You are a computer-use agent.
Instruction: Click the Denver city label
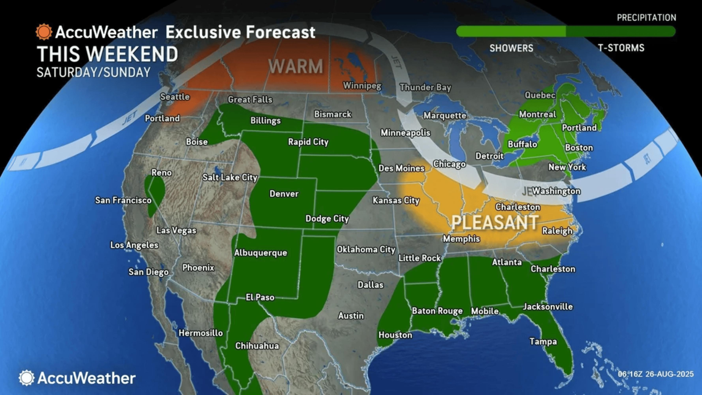pos(284,194)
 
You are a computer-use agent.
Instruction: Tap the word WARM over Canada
pos(296,66)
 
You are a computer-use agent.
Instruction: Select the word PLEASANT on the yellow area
pos(495,222)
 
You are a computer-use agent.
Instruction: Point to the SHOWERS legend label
pos(511,48)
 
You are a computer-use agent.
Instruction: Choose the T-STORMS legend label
pos(621,48)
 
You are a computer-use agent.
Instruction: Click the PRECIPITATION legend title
pos(646,18)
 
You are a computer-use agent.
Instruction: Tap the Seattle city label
pos(175,97)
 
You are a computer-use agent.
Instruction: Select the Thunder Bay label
pos(425,87)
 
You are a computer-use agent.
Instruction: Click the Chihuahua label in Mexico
pos(257,346)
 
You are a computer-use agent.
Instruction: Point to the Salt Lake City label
pos(230,178)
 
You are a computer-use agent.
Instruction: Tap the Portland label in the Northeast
pos(579,128)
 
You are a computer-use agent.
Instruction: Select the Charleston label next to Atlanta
pos(553,269)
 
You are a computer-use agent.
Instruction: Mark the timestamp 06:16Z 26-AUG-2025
pos(656,374)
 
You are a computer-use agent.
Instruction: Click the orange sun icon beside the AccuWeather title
pos(44,32)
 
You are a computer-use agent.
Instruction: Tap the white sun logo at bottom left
pos(26,378)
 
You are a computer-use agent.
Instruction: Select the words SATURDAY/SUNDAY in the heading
pos(94,72)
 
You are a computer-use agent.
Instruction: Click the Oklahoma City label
pos(366,250)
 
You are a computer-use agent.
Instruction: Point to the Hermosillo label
pos(201,333)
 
